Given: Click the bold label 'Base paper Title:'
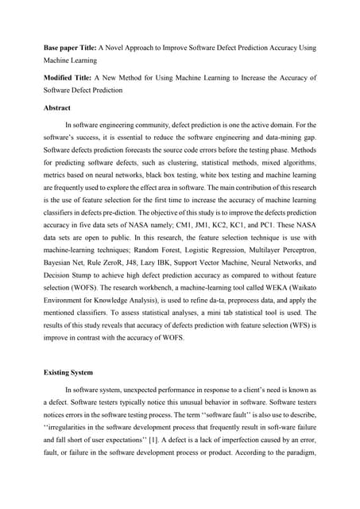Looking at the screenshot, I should pos(68,48).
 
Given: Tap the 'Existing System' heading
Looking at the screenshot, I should pos(69,371).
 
